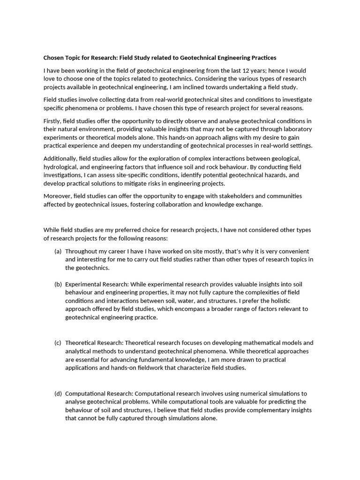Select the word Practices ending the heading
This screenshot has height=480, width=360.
[261, 58]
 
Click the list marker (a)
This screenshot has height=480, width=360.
[58, 251]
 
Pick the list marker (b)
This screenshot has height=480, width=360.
[58, 284]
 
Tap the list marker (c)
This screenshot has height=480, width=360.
[58, 343]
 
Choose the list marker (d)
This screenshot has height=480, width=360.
[58, 393]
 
